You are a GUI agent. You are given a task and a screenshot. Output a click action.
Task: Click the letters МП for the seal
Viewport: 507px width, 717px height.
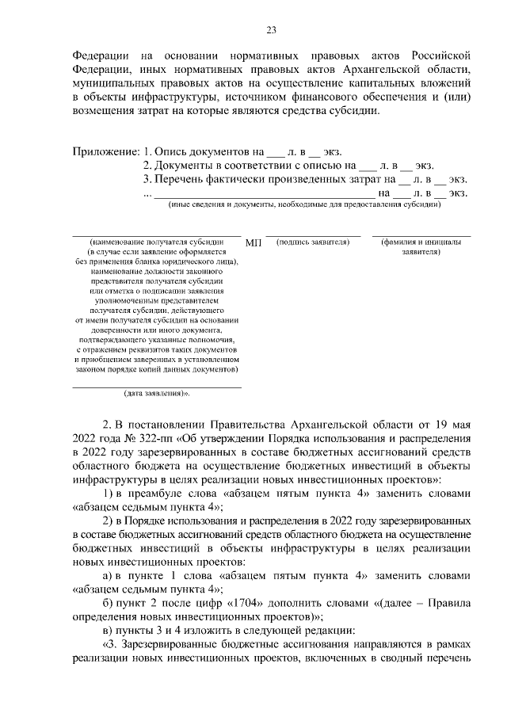tap(253, 242)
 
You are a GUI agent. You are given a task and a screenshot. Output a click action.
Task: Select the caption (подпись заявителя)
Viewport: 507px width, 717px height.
tap(313, 241)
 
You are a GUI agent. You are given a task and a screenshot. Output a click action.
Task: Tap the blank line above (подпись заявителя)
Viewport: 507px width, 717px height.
tap(313, 235)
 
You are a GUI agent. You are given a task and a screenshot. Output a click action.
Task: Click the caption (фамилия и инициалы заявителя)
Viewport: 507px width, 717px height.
tap(421, 246)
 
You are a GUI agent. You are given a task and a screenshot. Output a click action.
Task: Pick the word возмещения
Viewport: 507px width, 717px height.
tap(105, 111)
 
